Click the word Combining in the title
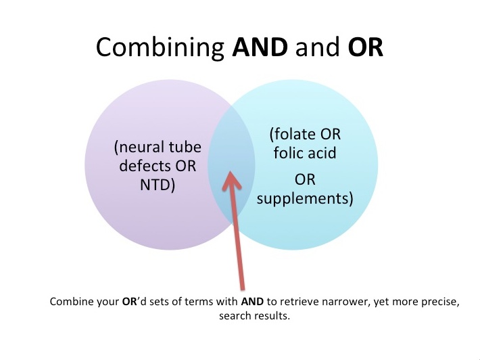[160, 47]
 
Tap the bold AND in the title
[260, 47]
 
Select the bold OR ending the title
[366, 47]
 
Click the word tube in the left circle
[186, 147]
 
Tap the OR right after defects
[185, 166]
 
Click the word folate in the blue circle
[293, 134]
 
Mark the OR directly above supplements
[305, 179]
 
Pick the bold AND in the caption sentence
[252, 302]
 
